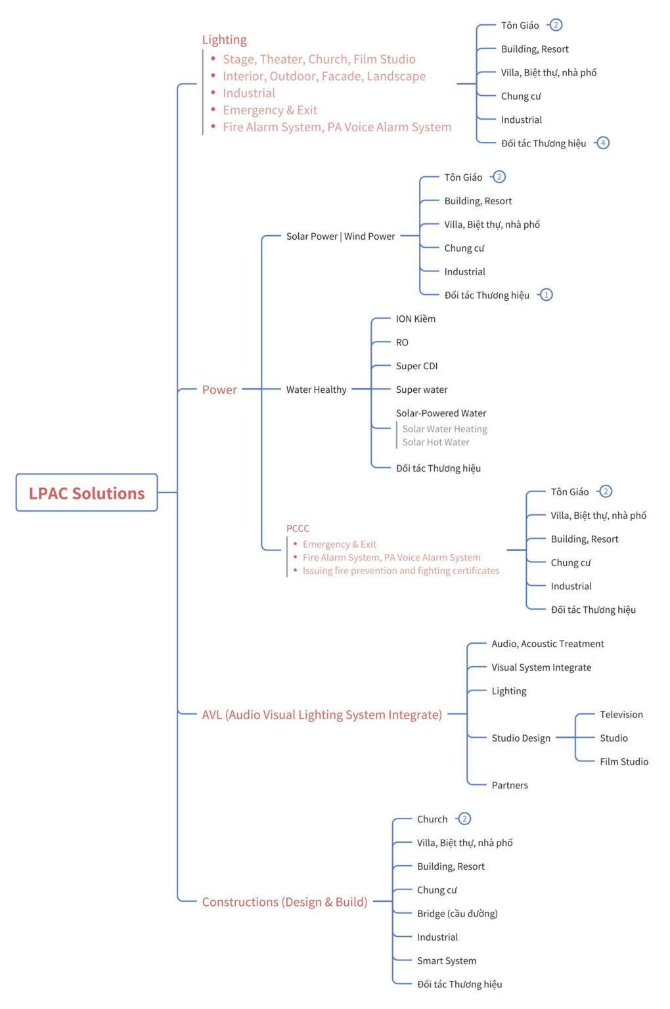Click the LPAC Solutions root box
(x=87, y=493)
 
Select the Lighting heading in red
(x=224, y=40)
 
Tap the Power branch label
(x=219, y=390)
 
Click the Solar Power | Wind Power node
(x=340, y=236)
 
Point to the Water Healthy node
(x=316, y=390)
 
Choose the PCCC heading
(x=298, y=528)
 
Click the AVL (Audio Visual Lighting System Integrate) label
(x=322, y=715)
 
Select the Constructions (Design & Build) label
(x=284, y=902)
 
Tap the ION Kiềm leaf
(x=415, y=319)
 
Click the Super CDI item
(x=416, y=366)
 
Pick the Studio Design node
(x=521, y=738)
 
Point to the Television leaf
(x=621, y=715)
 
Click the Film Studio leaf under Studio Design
(x=623, y=762)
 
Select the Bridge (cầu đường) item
(x=457, y=914)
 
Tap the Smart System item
(x=447, y=961)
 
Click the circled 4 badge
(x=603, y=143)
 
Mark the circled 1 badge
(x=546, y=295)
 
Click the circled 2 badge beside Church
(x=464, y=819)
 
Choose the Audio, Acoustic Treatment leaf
(x=548, y=644)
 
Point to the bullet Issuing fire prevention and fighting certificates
(x=401, y=571)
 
